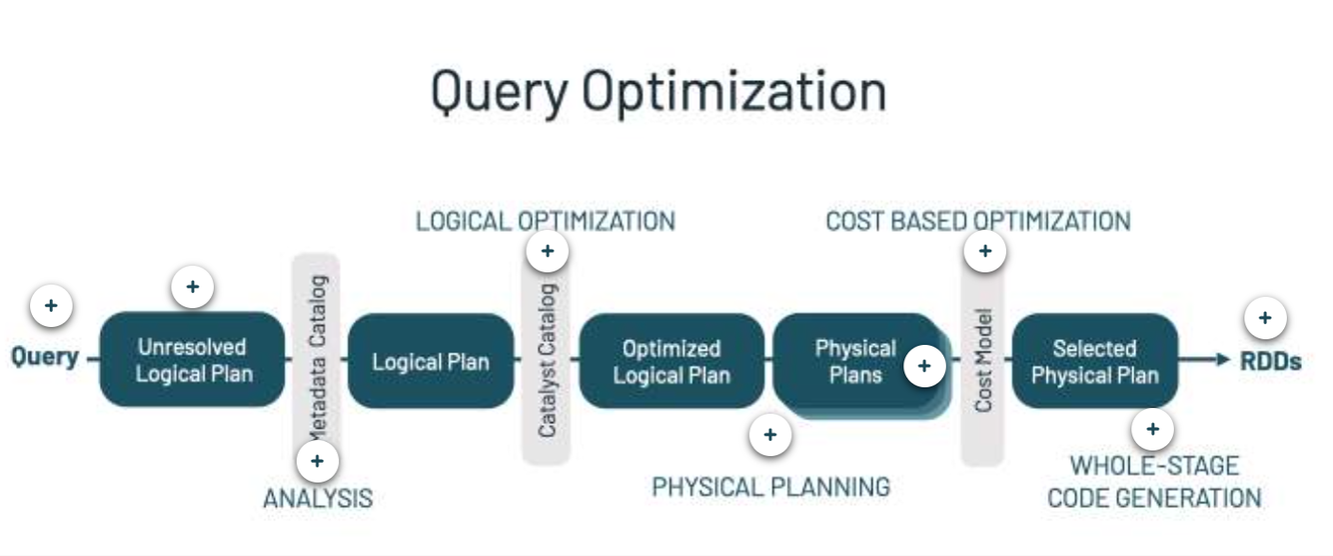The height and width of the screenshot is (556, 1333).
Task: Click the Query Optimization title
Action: [658, 91]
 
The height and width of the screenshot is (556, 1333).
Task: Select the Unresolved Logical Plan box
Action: [192, 360]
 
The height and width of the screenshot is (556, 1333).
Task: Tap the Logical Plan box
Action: [430, 361]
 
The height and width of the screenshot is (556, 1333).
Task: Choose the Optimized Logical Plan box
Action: [670, 361]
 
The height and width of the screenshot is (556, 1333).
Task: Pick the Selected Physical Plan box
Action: [1094, 361]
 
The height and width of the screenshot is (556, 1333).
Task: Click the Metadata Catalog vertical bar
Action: [317, 340]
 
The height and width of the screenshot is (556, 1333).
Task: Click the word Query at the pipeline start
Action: [45, 357]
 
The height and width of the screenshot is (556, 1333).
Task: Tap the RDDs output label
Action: [1270, 361]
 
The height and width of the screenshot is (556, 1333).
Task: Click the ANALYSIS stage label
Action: [317, 498]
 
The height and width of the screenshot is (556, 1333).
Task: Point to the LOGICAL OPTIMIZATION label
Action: [545, 220]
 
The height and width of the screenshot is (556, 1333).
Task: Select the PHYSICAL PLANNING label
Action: [770, 487]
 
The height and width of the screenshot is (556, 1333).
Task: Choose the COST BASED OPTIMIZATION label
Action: [977, 220]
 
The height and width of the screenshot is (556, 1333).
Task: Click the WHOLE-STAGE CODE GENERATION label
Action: [1154, 481]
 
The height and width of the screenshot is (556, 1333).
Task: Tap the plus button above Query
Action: [51, 306]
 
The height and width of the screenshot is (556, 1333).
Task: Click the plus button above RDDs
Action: [1264, 319]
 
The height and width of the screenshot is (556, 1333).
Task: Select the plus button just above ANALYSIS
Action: [317, 461]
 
